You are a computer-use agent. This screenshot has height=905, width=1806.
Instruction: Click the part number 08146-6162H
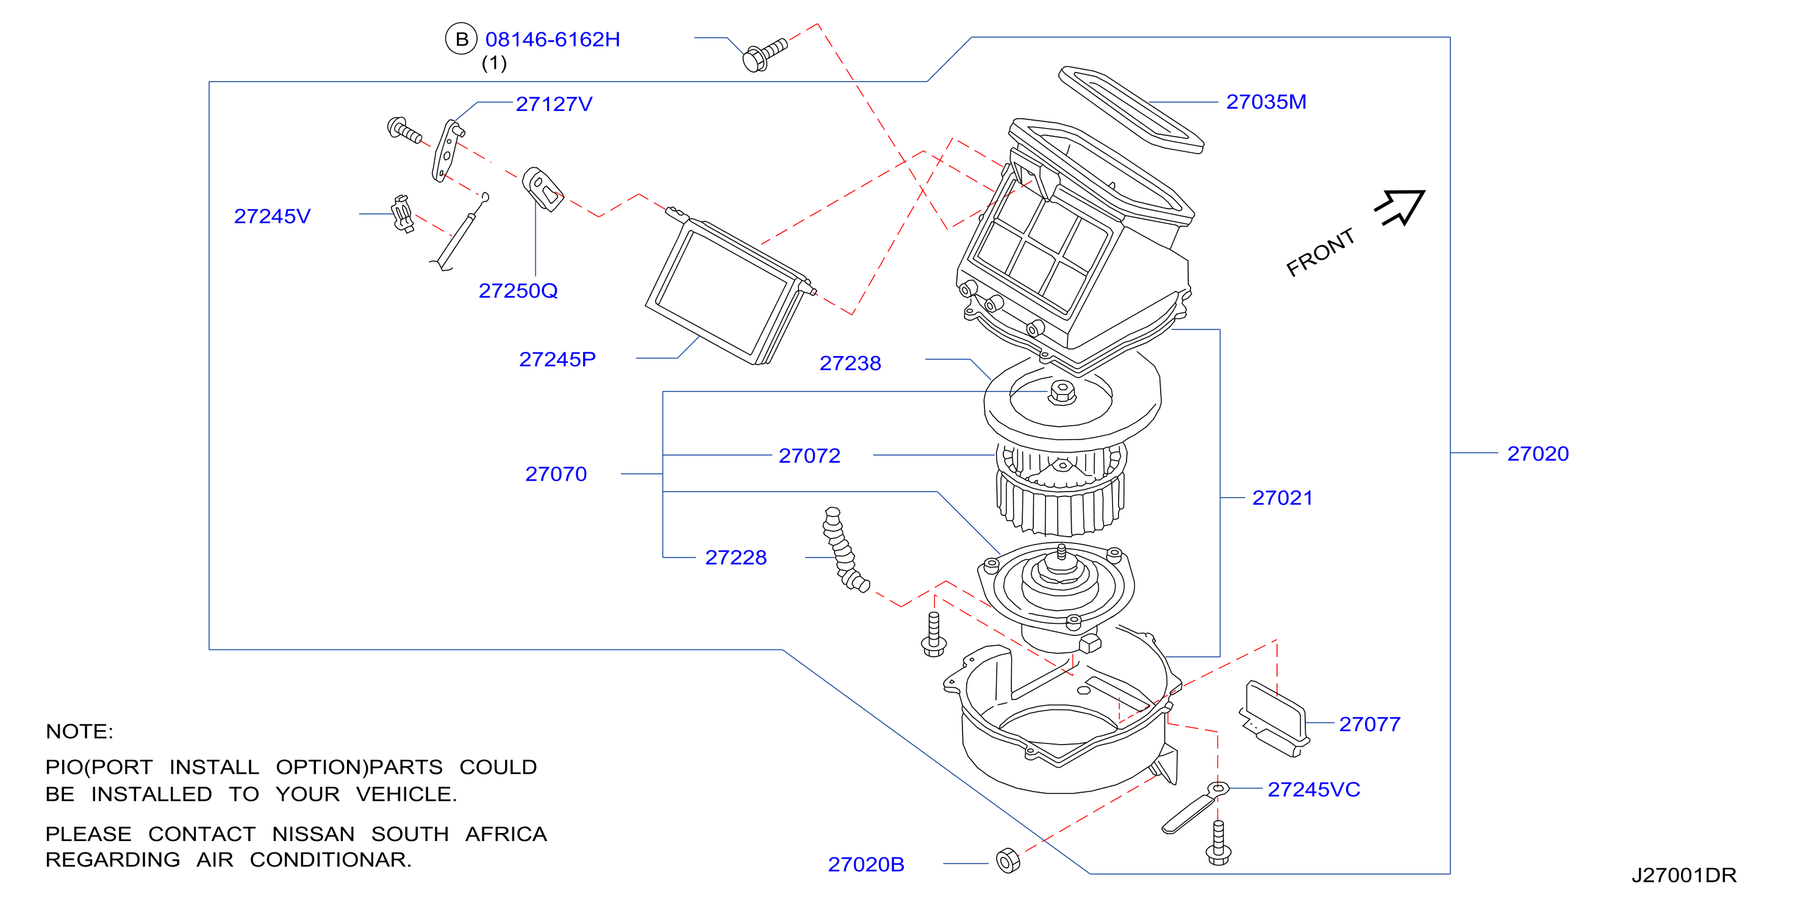[x=553, y=39]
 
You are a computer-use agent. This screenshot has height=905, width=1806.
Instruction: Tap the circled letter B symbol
[x=461, y=39]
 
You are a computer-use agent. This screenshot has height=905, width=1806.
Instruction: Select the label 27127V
[x=554, y=104]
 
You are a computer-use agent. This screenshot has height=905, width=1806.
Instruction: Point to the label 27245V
[x=272, y=216]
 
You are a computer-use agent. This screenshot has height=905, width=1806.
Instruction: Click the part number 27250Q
[x=518, y=290]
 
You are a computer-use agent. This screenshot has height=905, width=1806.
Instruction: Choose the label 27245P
[x=557, y=359]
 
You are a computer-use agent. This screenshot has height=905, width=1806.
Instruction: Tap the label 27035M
[x=1266, y=102]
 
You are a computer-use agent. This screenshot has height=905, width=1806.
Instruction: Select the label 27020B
[x=866, y=864]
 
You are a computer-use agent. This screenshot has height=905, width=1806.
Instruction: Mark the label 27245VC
[x=1314, y=789]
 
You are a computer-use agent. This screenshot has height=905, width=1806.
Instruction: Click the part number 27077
[x=1370, y=724]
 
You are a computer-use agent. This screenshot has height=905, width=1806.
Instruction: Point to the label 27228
[x=736, y=557]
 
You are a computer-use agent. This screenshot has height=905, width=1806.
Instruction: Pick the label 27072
[x=810, y=456]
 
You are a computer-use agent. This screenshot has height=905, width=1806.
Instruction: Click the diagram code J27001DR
[x=1684, y=875]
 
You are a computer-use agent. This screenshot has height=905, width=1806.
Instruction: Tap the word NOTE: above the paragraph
[x=79, y=731]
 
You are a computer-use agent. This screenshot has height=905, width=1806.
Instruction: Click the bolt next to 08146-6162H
[x=765, y=54]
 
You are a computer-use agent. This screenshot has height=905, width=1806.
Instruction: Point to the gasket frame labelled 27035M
[x=1131, y=109]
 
